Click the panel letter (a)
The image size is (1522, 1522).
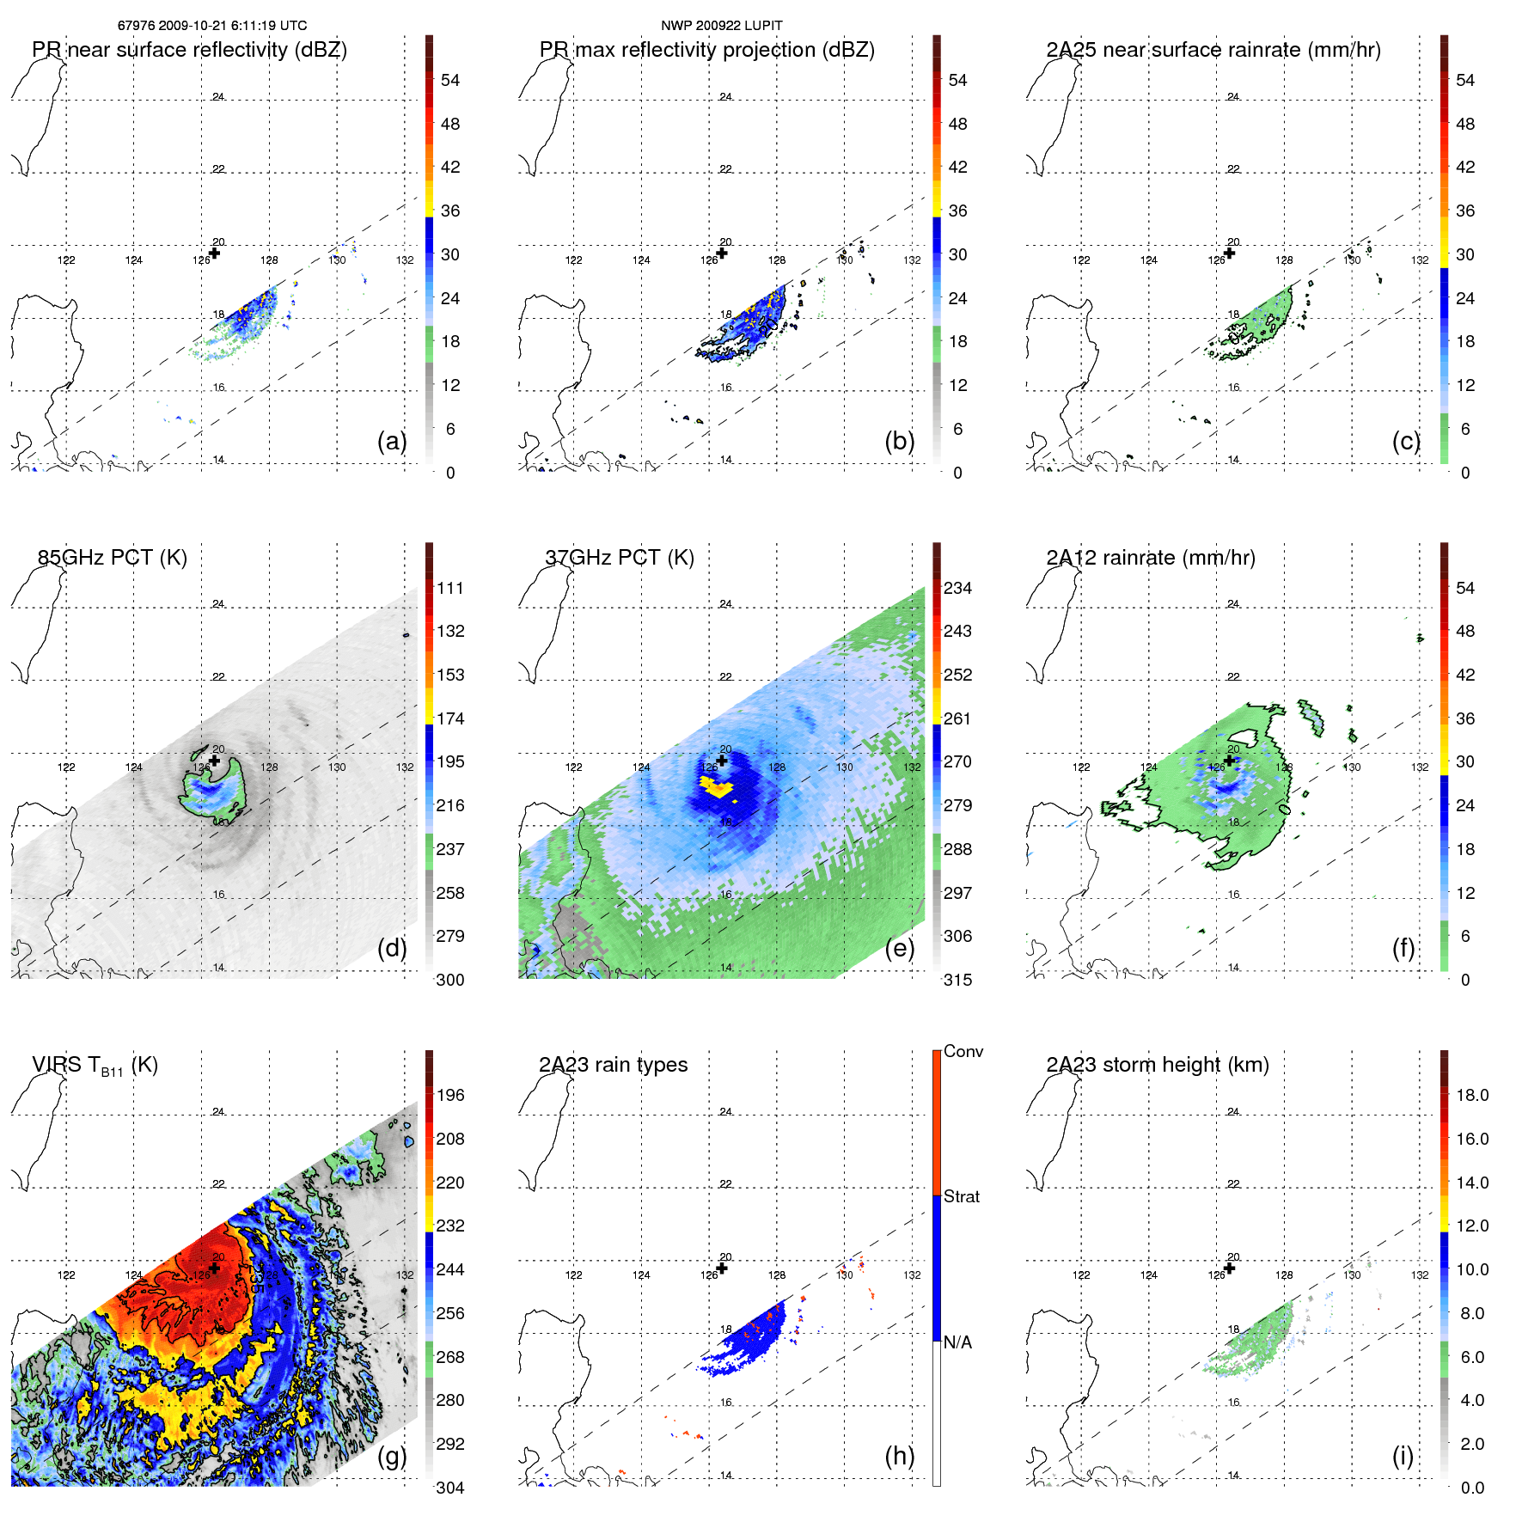391,442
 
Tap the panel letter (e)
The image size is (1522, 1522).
899,949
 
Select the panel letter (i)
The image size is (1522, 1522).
1403,1456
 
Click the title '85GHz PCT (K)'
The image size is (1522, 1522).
112,557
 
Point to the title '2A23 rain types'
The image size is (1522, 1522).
613,1065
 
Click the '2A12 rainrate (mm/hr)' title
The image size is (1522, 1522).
1150,557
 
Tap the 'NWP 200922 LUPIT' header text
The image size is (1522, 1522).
721,26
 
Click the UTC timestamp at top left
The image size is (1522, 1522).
212,26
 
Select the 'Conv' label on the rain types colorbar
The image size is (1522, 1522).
963,1051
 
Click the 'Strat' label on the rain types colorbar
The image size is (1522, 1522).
961,1196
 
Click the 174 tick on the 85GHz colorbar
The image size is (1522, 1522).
450,718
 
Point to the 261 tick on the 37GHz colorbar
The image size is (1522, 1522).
957,718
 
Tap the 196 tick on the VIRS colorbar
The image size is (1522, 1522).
450,1095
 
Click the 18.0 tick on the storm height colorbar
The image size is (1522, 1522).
1471,1095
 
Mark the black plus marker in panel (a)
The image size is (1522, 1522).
215,253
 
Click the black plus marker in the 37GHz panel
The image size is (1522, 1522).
722,761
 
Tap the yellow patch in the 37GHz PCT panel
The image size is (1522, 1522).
715,785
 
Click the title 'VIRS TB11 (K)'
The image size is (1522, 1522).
95,1066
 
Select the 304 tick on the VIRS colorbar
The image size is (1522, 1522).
450,1488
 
